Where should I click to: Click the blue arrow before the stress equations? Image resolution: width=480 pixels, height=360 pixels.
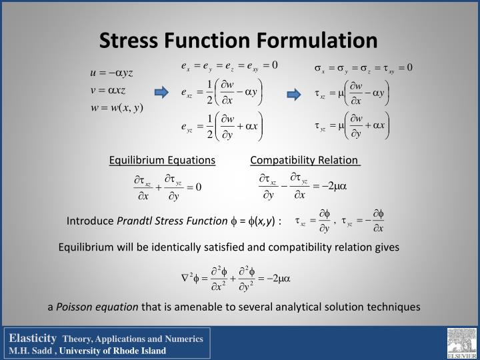pos(294,94)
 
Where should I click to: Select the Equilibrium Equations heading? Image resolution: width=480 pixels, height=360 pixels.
pos(163,160)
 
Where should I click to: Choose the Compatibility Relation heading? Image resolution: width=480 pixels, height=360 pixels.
pos(305,160)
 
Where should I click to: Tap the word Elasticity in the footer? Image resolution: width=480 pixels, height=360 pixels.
pos(33,339)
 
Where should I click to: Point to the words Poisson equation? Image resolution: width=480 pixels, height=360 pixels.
pos(97,307)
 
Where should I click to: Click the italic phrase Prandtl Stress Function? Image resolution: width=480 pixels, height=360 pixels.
pos(173,221)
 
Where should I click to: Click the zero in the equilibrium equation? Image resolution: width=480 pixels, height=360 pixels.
pos(198,187)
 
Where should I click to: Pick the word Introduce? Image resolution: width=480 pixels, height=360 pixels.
pos(91,221)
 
